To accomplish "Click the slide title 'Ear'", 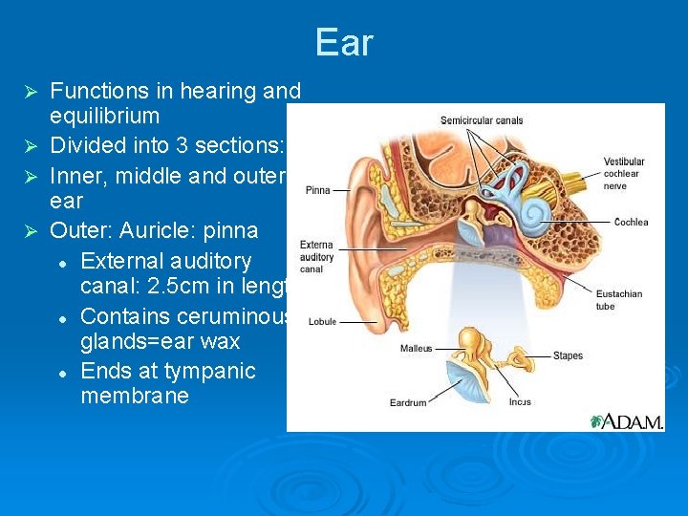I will click(x=344, y=43).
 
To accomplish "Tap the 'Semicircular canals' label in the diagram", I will click(x=482, y=120).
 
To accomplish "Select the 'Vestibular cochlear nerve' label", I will click(x=624, y=174).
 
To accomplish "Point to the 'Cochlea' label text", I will click(x=631, y=223).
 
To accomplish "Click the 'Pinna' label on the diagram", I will click(x=318, y=190).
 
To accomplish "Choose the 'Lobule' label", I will click(x=322, y=322).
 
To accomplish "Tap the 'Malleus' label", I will click(x=416, y=349).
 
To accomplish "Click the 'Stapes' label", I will click(x=568, y=356).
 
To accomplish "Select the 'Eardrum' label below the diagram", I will click(x=408, y=403).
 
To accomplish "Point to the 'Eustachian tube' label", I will click(x=618, y=300).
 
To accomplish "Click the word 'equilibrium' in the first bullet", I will click(x=104, y=117).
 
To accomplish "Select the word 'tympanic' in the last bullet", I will click(x=216, y=371).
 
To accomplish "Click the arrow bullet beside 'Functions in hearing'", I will click(x=30, y=92).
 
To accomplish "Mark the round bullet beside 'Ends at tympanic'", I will click(x=61, y=372).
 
